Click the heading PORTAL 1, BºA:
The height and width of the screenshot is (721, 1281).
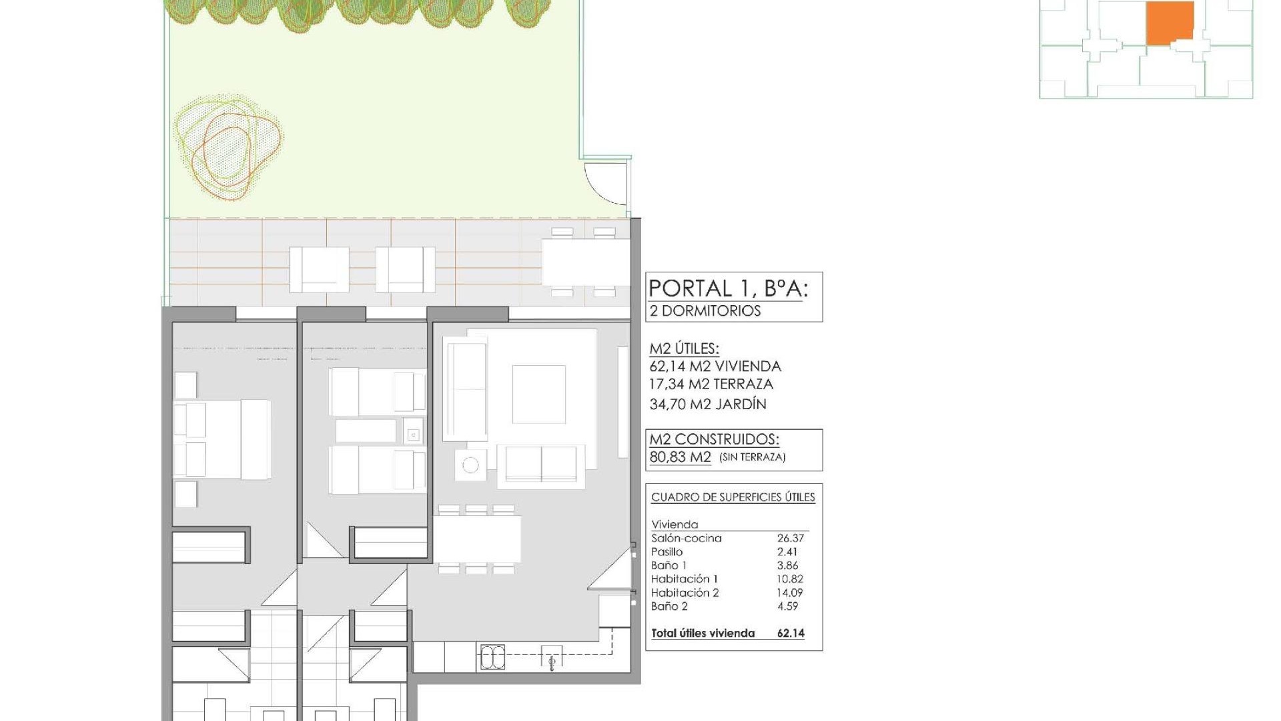coord(728,288)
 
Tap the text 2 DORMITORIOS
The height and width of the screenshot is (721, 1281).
coord(705,311)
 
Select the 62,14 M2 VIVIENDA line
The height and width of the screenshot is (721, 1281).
coord(715,367)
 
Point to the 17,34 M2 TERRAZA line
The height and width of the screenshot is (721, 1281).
coord(711,385)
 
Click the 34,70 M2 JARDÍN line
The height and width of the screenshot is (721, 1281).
coord(708,404)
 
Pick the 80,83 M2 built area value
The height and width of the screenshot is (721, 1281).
coord(681,458)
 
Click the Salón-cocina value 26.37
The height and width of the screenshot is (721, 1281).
coord(791,538)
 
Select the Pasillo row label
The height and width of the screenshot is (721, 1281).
coord(667,552)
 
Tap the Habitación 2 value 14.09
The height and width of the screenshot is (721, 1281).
coord(790,593)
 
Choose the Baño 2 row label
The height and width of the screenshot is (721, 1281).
coord(669,606)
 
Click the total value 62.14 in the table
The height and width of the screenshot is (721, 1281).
coord(791,634)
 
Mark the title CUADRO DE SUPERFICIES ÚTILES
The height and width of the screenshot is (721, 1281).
coord(733,497)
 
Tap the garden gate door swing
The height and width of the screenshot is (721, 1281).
coord(606,182)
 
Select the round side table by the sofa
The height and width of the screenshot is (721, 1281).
coord(471,465)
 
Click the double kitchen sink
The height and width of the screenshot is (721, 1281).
coord(492,658)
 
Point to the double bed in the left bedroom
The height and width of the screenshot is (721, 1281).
coord(222,439)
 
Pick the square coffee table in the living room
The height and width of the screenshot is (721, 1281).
coord(539,394)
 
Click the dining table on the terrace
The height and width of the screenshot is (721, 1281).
coord(585,262)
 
